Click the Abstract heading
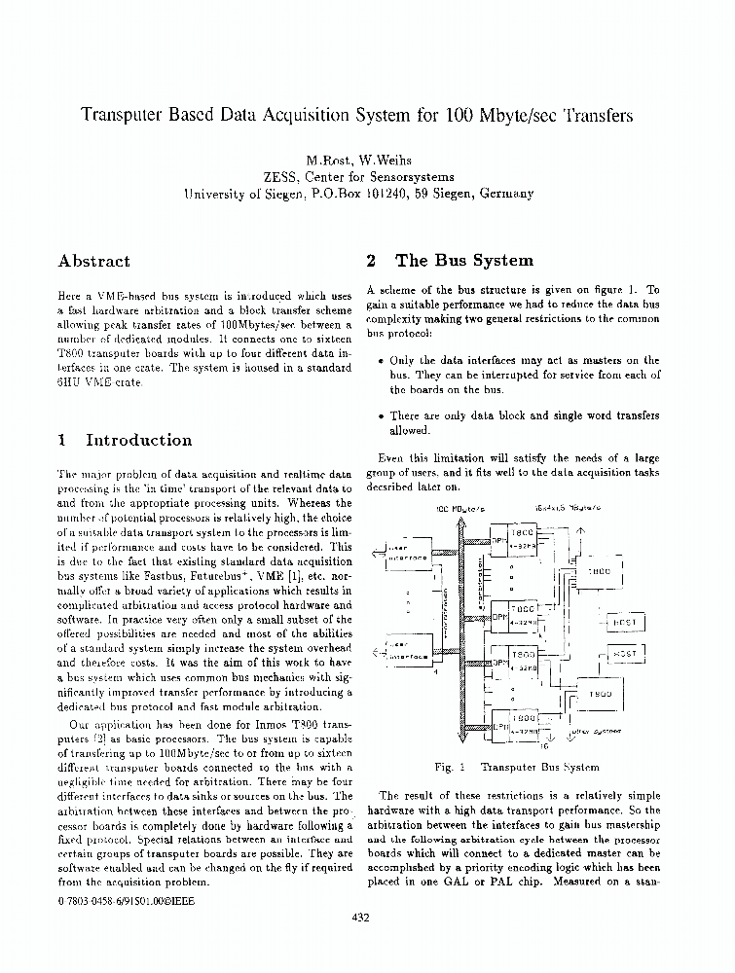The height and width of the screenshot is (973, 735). pos(93,261)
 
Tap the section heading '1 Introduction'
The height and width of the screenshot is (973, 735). pos(125,440)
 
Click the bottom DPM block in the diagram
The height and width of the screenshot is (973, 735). pos(498,725)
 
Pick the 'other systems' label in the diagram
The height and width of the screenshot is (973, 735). pos(596,730)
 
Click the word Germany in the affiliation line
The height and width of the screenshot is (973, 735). pos(503,194)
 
